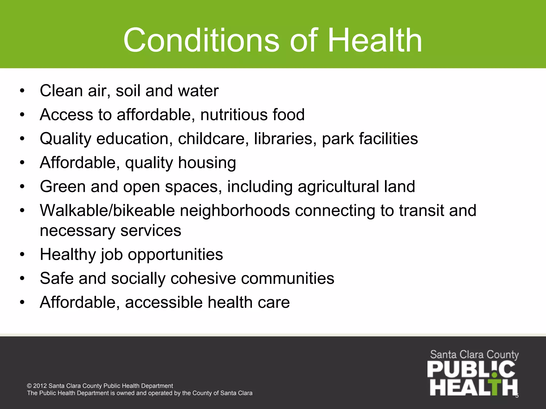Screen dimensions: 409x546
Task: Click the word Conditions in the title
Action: pos(201,40)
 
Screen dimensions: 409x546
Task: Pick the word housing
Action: pos(207,163)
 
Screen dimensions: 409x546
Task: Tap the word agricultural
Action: pos(338,186)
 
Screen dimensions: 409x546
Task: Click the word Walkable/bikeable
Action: pos(107,210)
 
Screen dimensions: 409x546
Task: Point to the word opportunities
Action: pos(175,255)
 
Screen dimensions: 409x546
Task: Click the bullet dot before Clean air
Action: pos(22,91)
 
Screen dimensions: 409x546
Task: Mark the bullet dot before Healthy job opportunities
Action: pos(22,255)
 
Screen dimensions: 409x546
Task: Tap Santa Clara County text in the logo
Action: pos(474,355)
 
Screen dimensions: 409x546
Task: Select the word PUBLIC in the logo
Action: pos(471,370)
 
